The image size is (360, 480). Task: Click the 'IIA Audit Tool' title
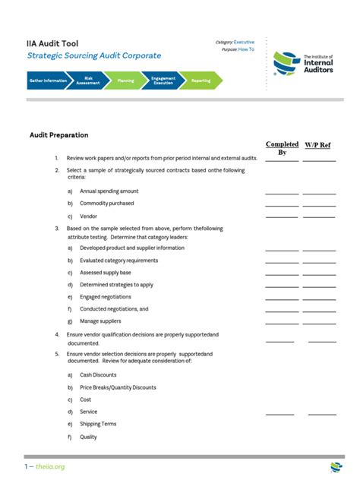(x=52, y=44)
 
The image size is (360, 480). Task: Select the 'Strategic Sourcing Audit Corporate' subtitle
(x=94, y=56)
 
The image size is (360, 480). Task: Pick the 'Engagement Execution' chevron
(x=163, y=81)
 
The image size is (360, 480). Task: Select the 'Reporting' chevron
(x=201, y=81)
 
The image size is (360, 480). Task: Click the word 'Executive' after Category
(x=244, y=42)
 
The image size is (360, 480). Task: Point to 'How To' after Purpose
(x=247, y=49)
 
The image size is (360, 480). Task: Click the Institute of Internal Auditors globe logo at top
(x=286, y=64)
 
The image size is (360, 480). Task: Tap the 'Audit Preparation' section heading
(x=59, y=135)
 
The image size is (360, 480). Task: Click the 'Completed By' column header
(x=282, y=148)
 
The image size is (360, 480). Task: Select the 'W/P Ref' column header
(x=317, y=144)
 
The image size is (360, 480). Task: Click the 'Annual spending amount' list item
(x=109, y=191)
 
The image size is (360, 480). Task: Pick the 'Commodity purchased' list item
(x=107, y=204)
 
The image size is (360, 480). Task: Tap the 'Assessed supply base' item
(x=106, y=273)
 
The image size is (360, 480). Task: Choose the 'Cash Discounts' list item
(x=98, y=375)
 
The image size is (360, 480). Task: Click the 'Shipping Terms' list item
(x=98, y=425)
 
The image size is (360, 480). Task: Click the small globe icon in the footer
(x=336, y=466)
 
